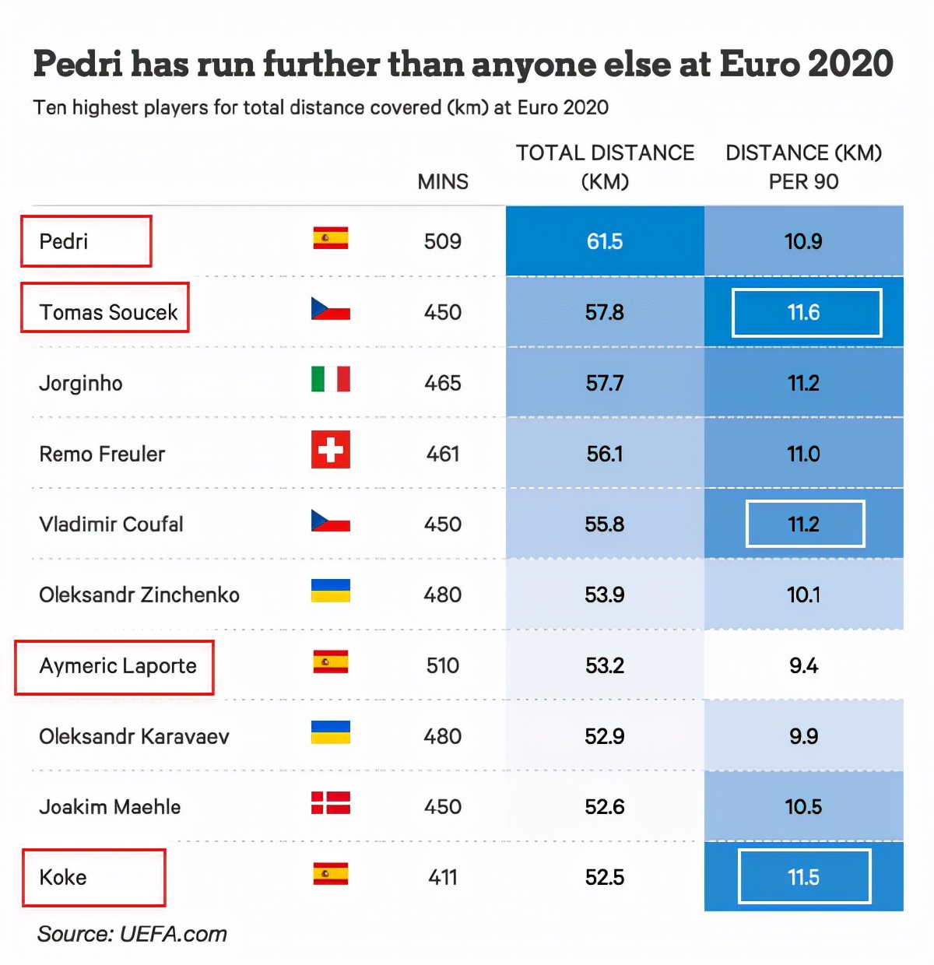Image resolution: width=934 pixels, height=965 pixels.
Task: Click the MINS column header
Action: click(443, 181)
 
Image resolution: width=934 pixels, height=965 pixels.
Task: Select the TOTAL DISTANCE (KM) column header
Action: click(605, 167)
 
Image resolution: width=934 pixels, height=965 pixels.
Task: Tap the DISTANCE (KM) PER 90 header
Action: click(803, 167)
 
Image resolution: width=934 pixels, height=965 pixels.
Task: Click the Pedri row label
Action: click(64, 241)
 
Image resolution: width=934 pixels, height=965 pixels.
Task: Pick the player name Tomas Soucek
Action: click(108, 312)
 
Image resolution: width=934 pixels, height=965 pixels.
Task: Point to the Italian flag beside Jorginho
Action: click(330, 379)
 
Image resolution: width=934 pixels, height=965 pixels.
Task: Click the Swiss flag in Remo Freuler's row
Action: click(330, 449)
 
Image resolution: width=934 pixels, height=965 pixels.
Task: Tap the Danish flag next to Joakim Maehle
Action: click(330, 802)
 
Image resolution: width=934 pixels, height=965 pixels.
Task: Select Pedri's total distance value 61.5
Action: click(605, 241)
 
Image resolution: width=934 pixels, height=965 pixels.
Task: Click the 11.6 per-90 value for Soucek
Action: click(803, 312)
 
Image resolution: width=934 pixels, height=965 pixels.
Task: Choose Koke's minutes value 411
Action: click(443, 877)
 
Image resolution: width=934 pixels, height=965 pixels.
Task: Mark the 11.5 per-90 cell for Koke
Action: click(803, 877)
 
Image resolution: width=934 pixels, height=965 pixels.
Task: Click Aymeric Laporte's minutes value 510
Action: click(443, 665)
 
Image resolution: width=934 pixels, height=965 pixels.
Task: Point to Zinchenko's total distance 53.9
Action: click(605, 595)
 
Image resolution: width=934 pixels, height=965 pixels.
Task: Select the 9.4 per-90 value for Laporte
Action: click(803, 665)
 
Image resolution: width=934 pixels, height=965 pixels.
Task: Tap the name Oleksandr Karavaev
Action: click(134, 736)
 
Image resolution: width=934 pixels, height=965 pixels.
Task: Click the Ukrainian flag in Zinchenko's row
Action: click(330, 591)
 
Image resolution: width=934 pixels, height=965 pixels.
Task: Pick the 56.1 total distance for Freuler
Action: click(605, 454)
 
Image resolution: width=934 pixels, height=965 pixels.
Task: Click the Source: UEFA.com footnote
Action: click(132, 934)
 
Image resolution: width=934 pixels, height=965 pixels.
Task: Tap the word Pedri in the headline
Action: click(78, 64)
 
